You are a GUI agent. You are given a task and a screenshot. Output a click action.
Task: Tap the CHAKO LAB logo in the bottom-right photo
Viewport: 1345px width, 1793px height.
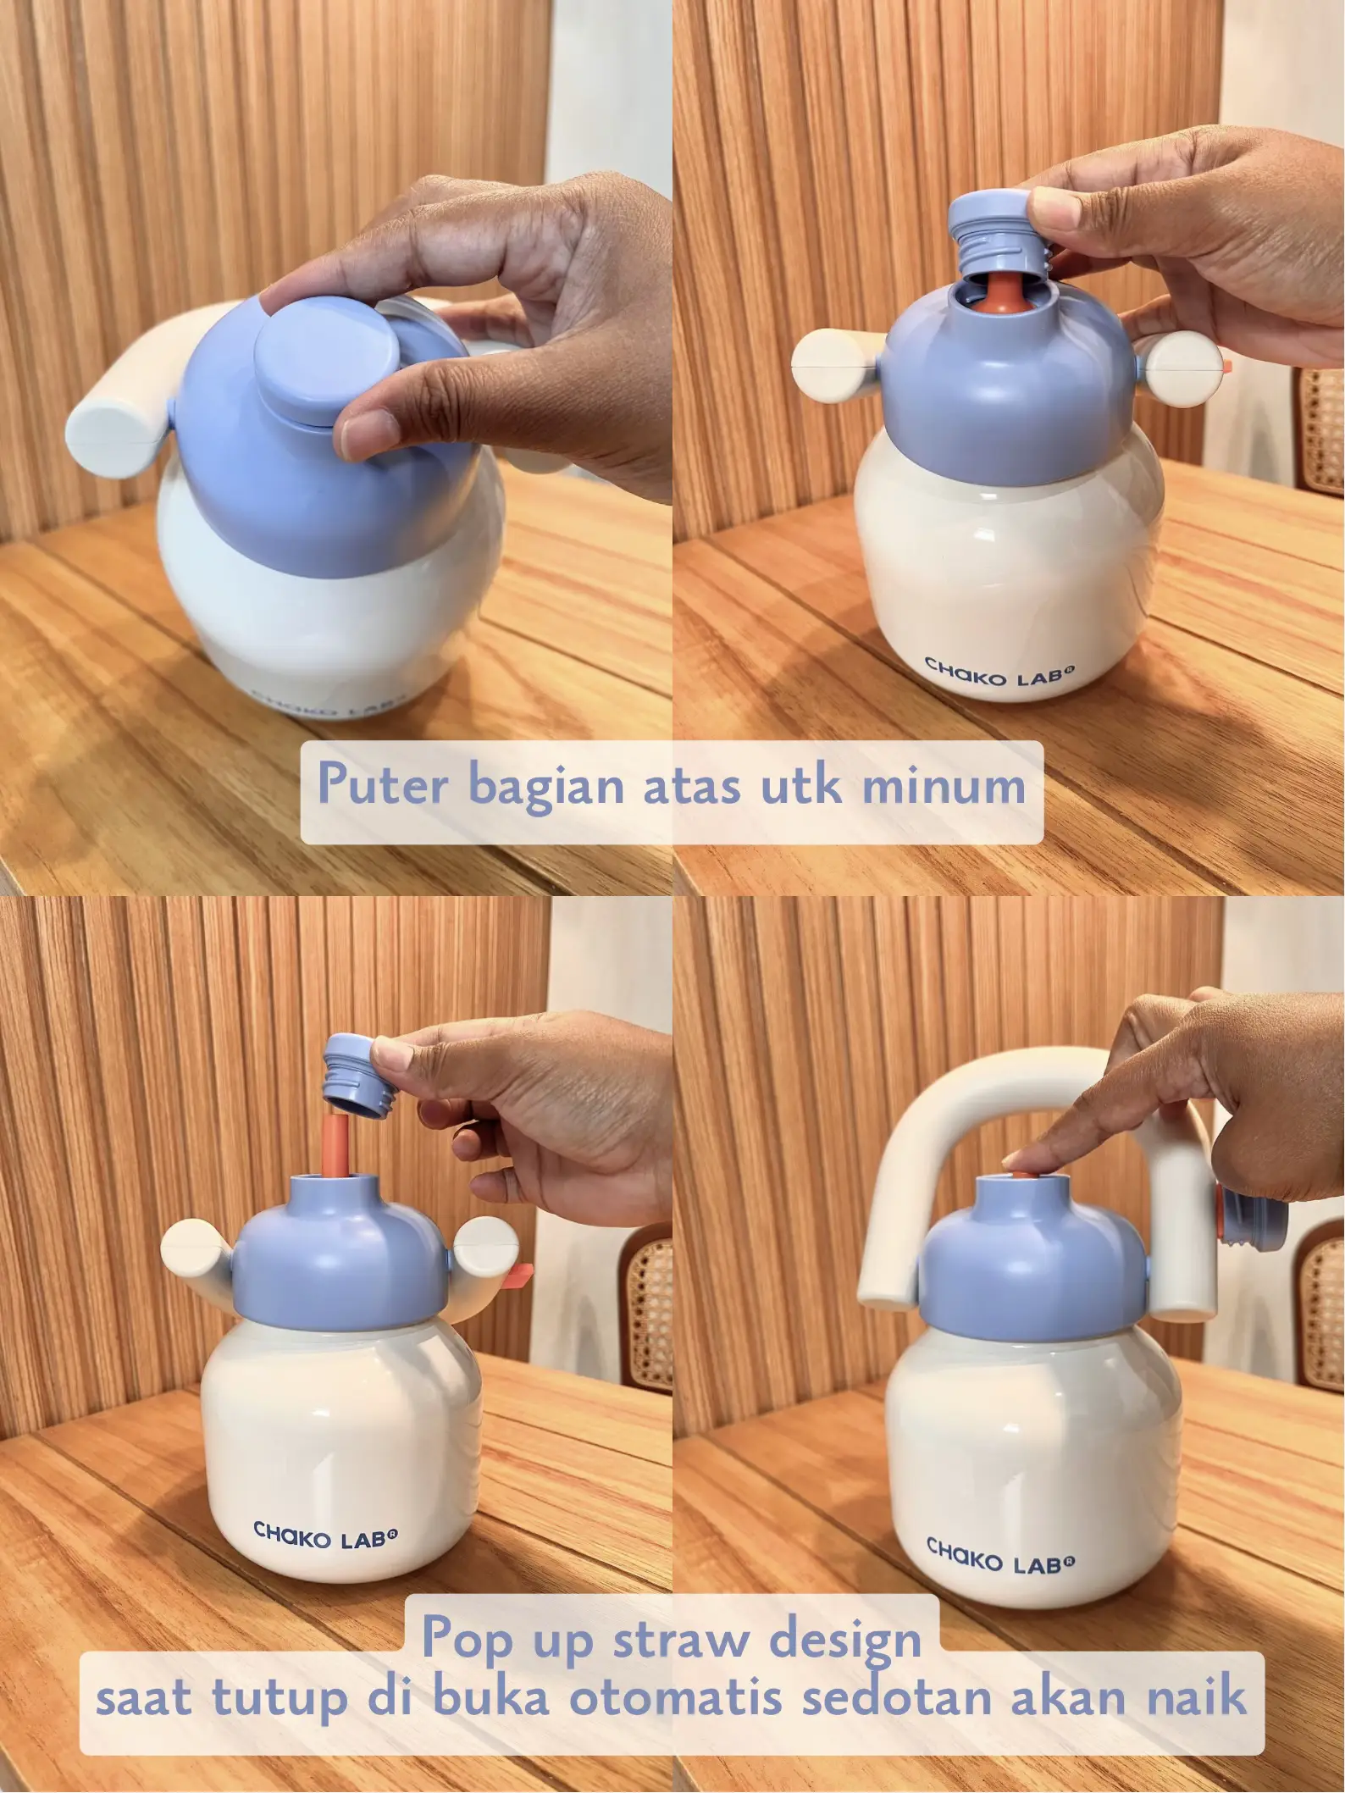(x=1000, y=1557)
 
